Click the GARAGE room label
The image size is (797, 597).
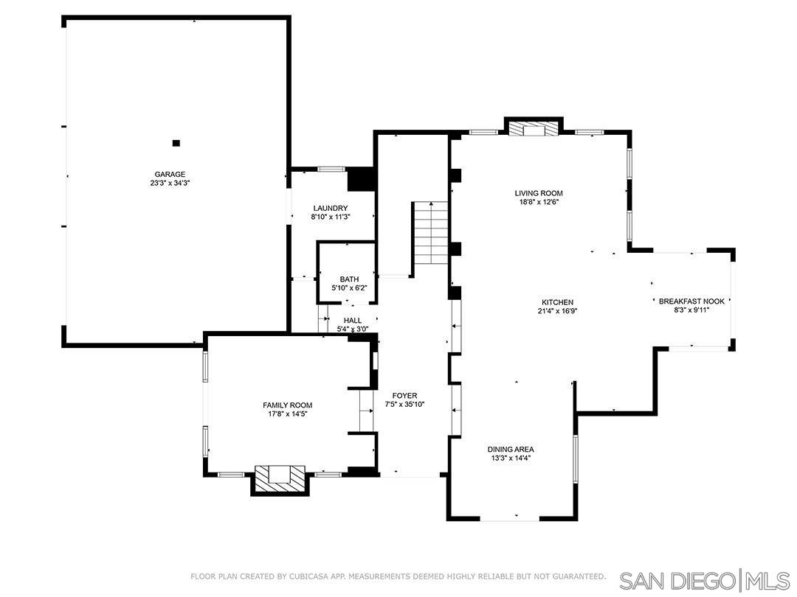pos(170,175)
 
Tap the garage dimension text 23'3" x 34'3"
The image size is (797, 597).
pos(170,184)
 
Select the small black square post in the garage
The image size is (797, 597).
pos(176,143)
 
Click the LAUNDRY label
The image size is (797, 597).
pos(330,209)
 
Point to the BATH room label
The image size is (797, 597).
pos(349,279)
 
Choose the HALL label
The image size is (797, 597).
pos(353,321)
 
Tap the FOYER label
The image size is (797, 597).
pos(405,396)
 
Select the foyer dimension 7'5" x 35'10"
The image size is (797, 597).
pos(405,405)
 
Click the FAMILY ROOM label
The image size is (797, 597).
pos(288,405)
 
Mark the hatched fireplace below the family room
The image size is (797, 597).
pos(279,478)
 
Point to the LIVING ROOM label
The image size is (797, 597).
pos(539,194)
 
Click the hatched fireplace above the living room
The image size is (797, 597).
pos(533,128)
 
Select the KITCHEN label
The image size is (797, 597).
pos(557,302)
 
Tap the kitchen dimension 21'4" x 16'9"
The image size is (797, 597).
pos(557,311)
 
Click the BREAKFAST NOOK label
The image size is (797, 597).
pos(692,301)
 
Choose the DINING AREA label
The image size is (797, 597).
pos(511,450)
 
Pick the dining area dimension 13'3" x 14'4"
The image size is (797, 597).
pos(511,458)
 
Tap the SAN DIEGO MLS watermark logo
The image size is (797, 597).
pos(704,579)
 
